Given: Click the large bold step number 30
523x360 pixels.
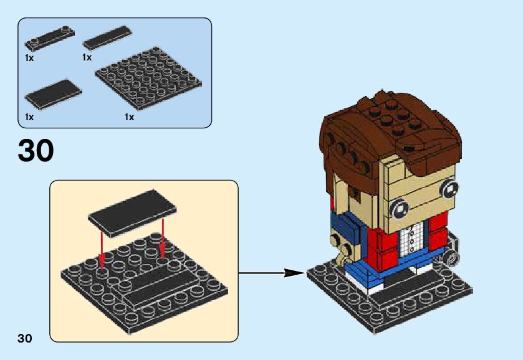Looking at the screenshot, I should pos(36,151).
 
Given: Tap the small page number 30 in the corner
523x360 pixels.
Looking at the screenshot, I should pos(25,338).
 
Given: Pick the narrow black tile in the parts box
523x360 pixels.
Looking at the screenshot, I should pos(107,38).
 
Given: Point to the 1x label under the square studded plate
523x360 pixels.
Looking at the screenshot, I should pos(129,116).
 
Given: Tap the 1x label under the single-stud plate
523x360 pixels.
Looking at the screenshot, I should pos(29,57).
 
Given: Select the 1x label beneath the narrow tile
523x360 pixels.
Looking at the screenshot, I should pos(87,57).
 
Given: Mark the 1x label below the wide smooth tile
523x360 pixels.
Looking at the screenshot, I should pos(29,116).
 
